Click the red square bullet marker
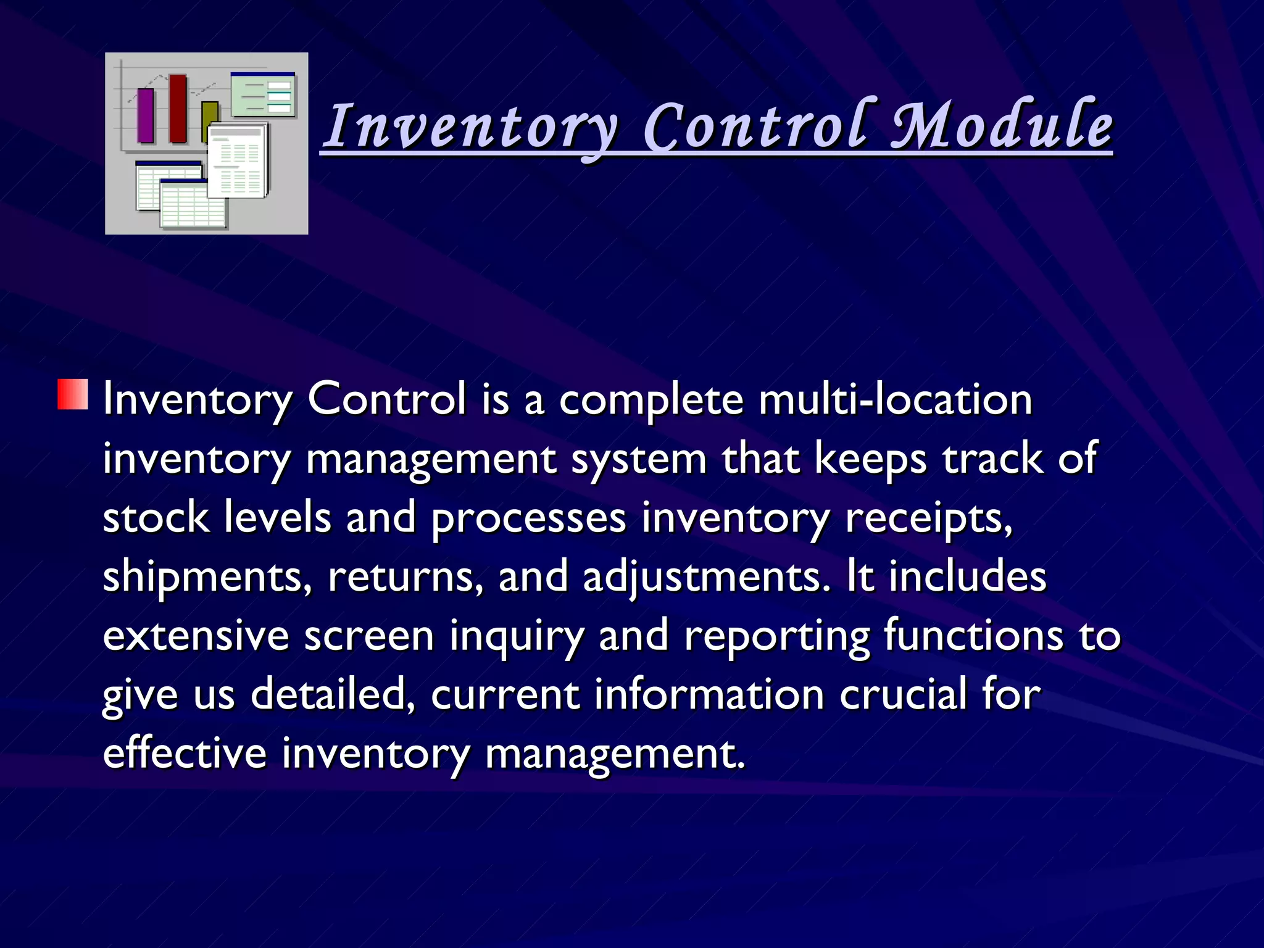73,395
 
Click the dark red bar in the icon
178,109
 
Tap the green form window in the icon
264,96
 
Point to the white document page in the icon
237,162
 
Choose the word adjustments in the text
707,576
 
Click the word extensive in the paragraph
196,635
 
